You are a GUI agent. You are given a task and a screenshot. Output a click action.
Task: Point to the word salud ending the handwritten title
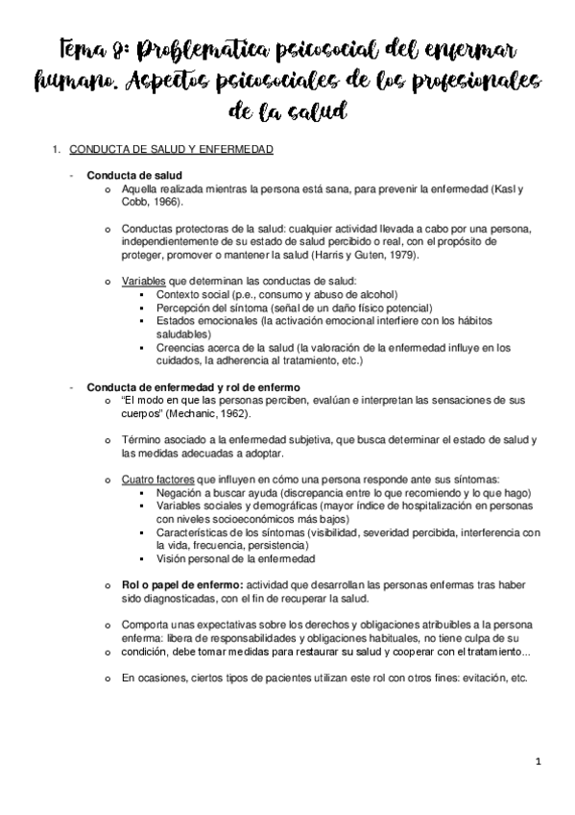click(316, 113)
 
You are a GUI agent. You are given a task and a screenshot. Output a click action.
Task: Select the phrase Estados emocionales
click(199, 320)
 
